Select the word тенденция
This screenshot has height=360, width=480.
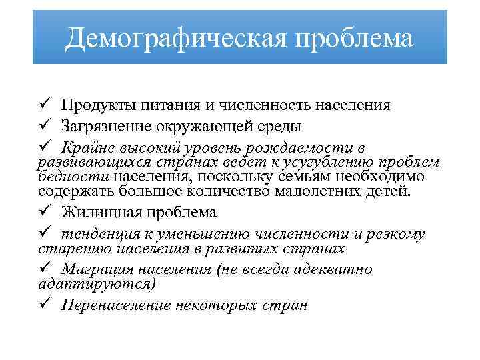click(x=95, y=234)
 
